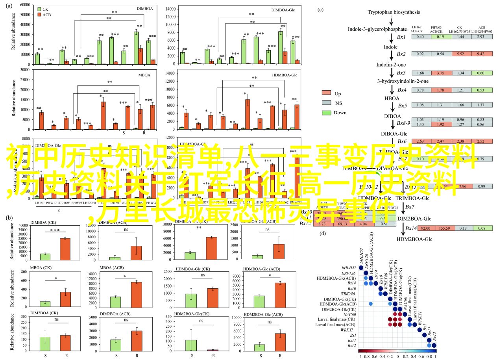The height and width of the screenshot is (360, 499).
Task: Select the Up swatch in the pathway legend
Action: coord(327,93)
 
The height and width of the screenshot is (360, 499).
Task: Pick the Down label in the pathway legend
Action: coord(340,113)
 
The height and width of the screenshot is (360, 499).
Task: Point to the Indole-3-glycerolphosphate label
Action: coord(377,29)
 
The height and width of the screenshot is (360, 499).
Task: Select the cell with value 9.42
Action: coord(480,54)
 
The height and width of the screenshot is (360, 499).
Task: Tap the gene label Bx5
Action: coord(401,105)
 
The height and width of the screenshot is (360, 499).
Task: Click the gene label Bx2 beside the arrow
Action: coord(401,54)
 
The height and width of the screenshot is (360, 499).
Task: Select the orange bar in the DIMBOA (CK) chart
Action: coord(65,249)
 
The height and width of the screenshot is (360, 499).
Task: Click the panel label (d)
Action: coord(323,233)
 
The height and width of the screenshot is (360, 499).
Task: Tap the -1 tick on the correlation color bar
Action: coord(360,356)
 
